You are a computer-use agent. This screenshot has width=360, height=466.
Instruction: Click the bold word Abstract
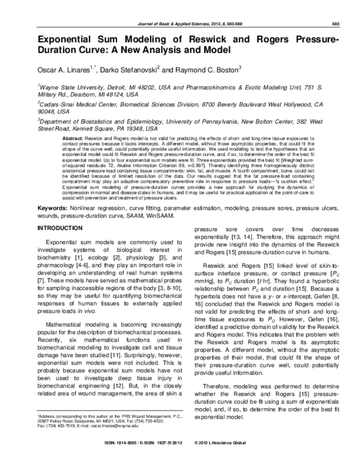(x=73, y=138)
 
